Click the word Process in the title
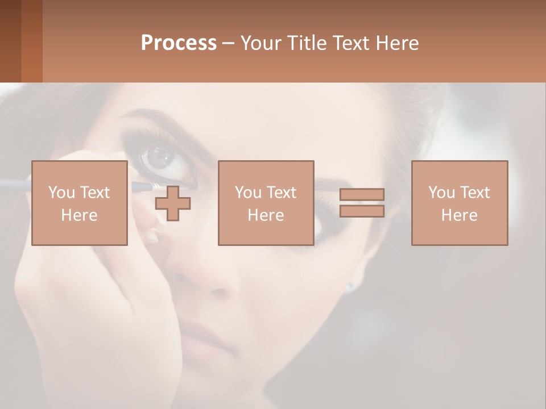coord(179,43)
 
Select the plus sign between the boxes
coord(173,203)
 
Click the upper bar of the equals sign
coord(362,194)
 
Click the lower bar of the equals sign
coord(362,211)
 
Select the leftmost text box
coord(79,203)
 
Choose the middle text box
coord(266,203)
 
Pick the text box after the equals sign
coord(459,203)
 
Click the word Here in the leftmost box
coord(79,215)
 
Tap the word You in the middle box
coord(248,193)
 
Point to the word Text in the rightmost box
coord(475,193)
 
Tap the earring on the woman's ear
coord(349,286)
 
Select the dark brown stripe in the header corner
coord(10,41)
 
